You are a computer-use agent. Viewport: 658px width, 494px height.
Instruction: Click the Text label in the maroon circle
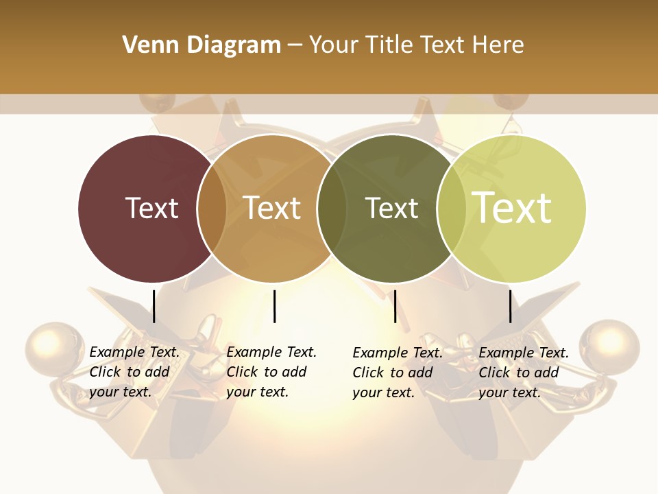[151, 208]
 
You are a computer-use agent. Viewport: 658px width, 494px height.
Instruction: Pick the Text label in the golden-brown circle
[272, 208]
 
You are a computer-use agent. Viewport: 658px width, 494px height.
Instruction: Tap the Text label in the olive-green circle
[391, 208]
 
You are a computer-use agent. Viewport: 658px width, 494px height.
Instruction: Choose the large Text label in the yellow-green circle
[512, 208]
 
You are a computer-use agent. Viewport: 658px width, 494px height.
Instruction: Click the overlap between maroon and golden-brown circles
[212, 209]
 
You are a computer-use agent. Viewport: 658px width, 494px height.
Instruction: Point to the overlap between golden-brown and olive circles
[331, 209]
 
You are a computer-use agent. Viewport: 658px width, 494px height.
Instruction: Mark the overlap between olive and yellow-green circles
[451, 209]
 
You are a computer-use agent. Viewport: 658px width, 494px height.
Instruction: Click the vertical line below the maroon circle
[154, 306]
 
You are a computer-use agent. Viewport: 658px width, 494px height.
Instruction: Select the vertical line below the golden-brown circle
[274, 306]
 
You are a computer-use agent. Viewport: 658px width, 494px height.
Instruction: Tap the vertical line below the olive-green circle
[395, 306]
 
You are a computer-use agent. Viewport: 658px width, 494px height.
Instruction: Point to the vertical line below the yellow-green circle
[511, 306]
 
